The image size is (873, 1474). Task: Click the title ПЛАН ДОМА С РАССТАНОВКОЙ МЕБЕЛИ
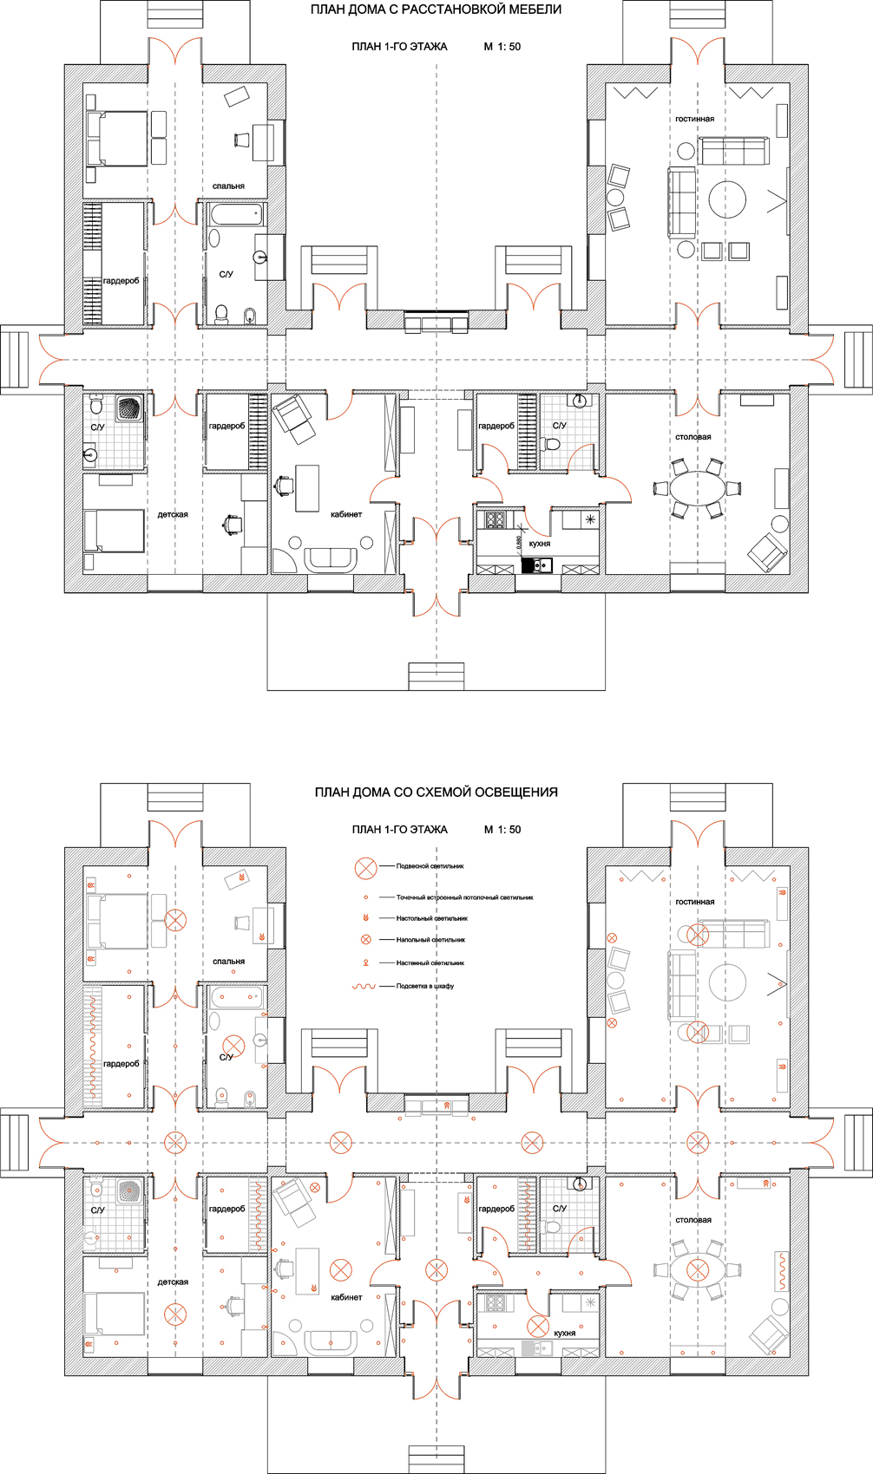436,10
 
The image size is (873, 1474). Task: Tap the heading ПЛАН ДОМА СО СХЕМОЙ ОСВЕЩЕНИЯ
436,792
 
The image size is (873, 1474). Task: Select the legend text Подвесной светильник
430,866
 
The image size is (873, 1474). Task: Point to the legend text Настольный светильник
432,918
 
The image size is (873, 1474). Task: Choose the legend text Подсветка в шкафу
425,986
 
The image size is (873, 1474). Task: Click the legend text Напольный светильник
430,940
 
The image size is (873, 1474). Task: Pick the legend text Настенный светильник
430,962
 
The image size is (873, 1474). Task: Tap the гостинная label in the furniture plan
694,119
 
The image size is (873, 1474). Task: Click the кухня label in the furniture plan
539,545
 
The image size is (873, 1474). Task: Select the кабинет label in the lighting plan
346,1298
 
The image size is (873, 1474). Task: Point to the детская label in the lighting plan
173,1282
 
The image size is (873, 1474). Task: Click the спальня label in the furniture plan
228,186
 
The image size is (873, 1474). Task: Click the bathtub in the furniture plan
236,213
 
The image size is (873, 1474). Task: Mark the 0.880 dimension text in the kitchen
519,543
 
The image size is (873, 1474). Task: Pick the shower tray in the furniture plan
129,408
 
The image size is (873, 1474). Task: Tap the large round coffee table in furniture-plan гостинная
727,199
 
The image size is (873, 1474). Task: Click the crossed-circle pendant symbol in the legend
365,869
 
